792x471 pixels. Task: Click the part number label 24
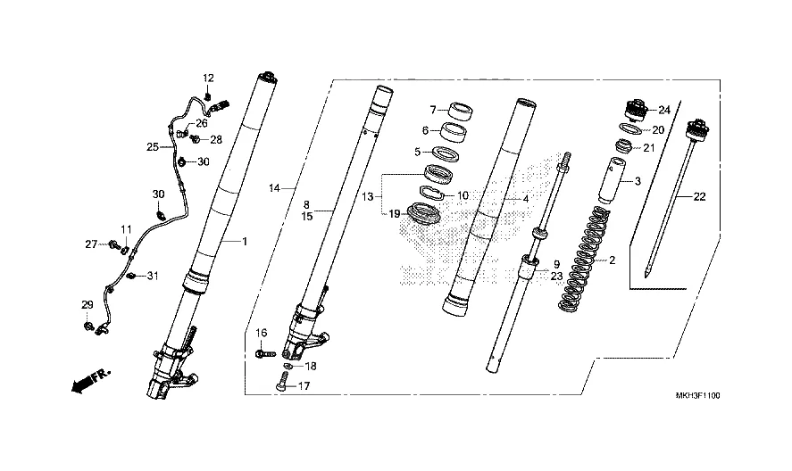click(663, 110)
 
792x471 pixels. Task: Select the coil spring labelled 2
click(583, 258)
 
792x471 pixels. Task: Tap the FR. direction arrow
click(90, 380)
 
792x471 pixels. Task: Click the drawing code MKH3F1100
click(697, 396)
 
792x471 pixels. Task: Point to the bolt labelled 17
click(282, 381)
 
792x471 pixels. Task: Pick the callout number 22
click(699, 197)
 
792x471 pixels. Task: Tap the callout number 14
click(274, 188)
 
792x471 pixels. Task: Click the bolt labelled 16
click(266, 354)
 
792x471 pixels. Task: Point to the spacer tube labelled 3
click(612, 181)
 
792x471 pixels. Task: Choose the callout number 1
click(245, 242)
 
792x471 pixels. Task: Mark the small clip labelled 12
click(207, 96)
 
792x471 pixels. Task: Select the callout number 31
click(153, 276)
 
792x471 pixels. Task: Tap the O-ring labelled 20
click(630, 128)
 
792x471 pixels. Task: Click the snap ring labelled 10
click(432, 193)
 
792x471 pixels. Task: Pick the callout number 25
click(153, 147)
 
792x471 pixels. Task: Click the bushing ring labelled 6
click(453, 131)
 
